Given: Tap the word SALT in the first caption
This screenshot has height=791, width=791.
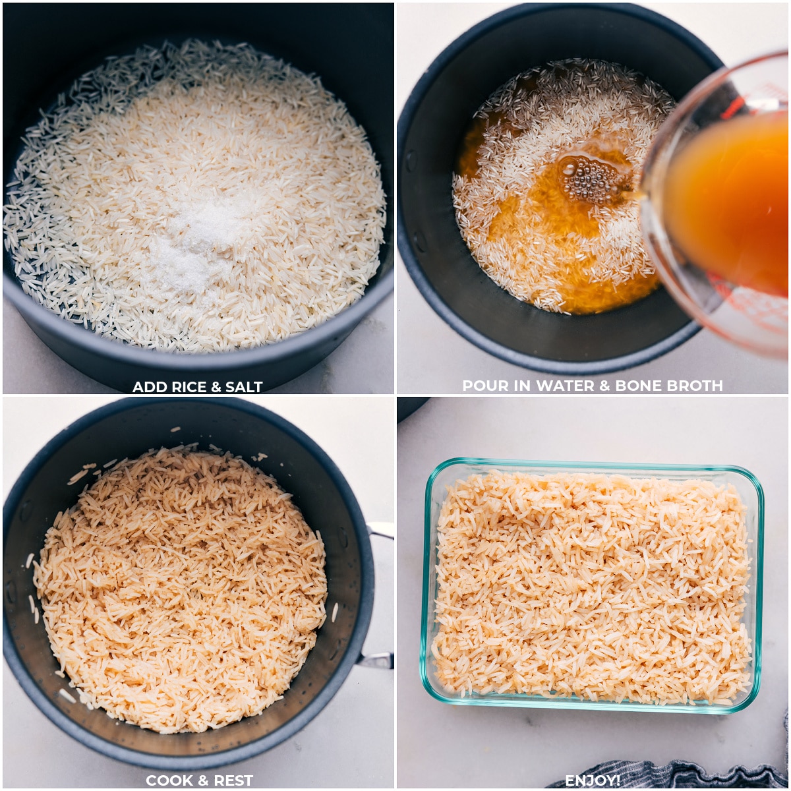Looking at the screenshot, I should [x=241, y=387].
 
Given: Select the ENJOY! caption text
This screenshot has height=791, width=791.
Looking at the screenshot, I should [x=592, y=780].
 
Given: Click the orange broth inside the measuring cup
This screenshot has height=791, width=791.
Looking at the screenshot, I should [x=732, y=198].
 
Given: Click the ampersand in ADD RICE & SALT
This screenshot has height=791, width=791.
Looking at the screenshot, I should [x=210, y=387].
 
